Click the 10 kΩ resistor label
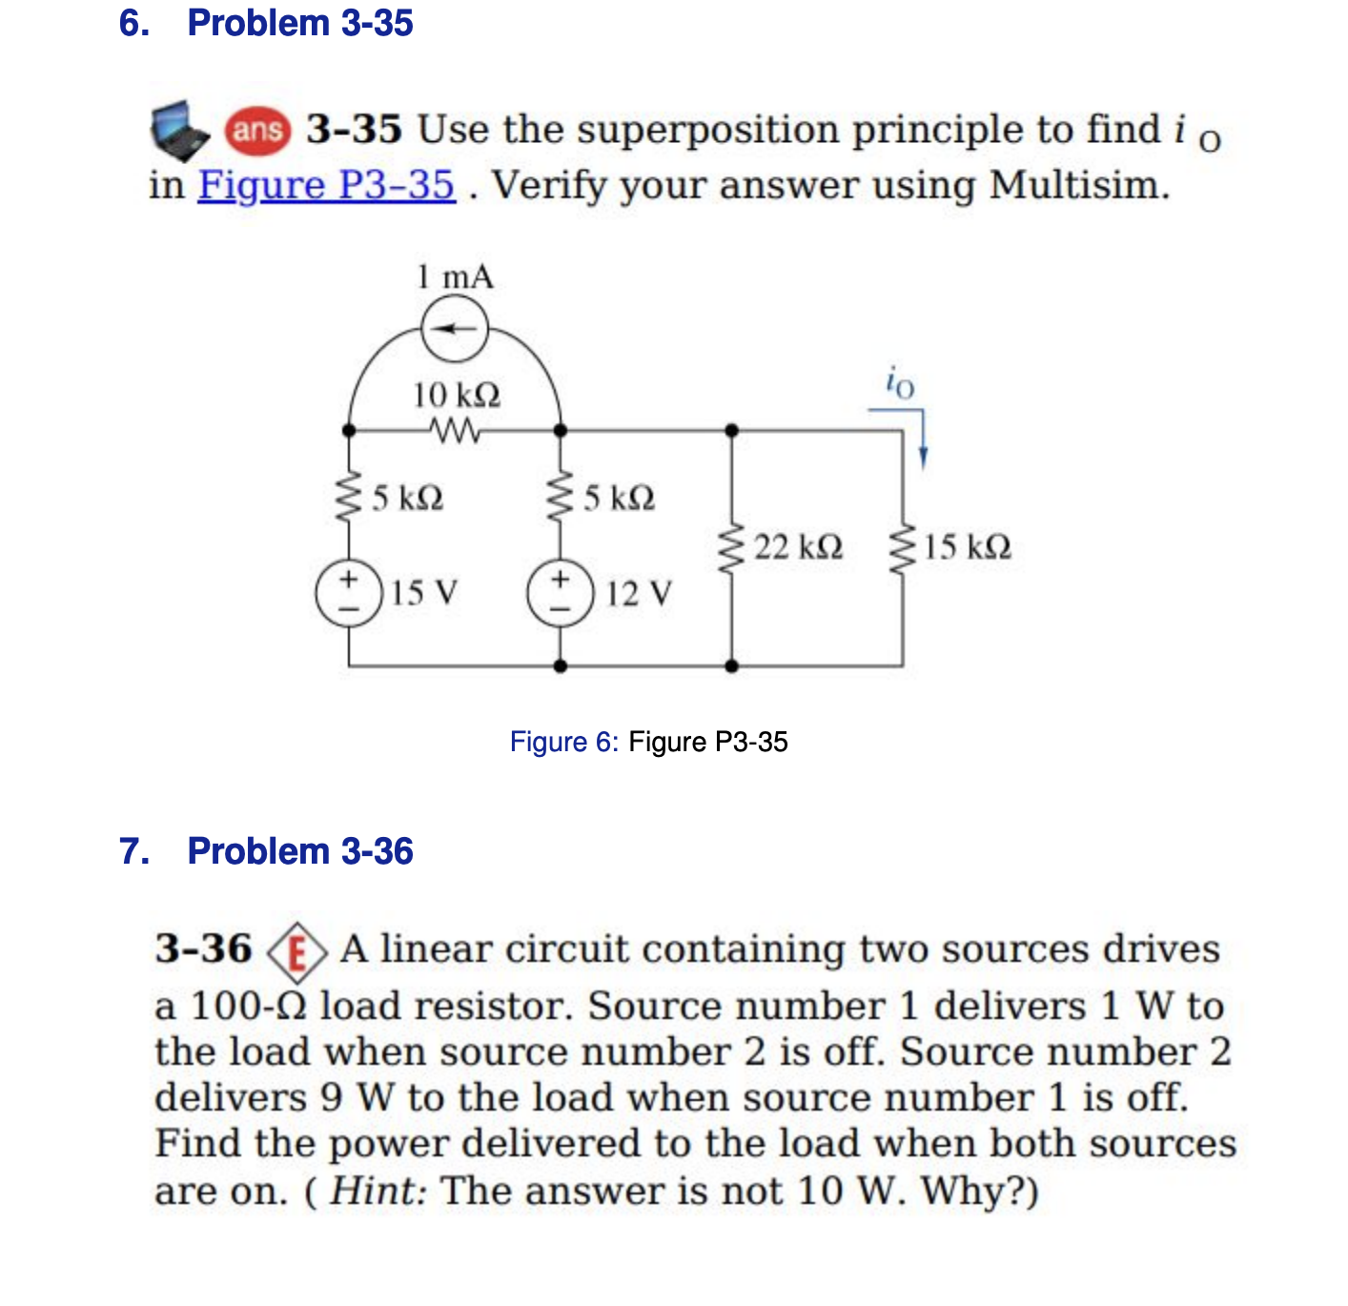pos(457,395)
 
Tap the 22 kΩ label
pos(799,547)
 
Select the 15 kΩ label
pos(968,547)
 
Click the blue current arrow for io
pos(921,440)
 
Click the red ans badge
pos(257,130)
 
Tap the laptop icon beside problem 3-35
pos(180,132)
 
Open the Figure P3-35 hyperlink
pos(326,185)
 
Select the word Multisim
pos(1078,185)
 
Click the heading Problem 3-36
pos(300,850)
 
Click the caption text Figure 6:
pos(564,742)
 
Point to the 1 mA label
pos(455,277)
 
